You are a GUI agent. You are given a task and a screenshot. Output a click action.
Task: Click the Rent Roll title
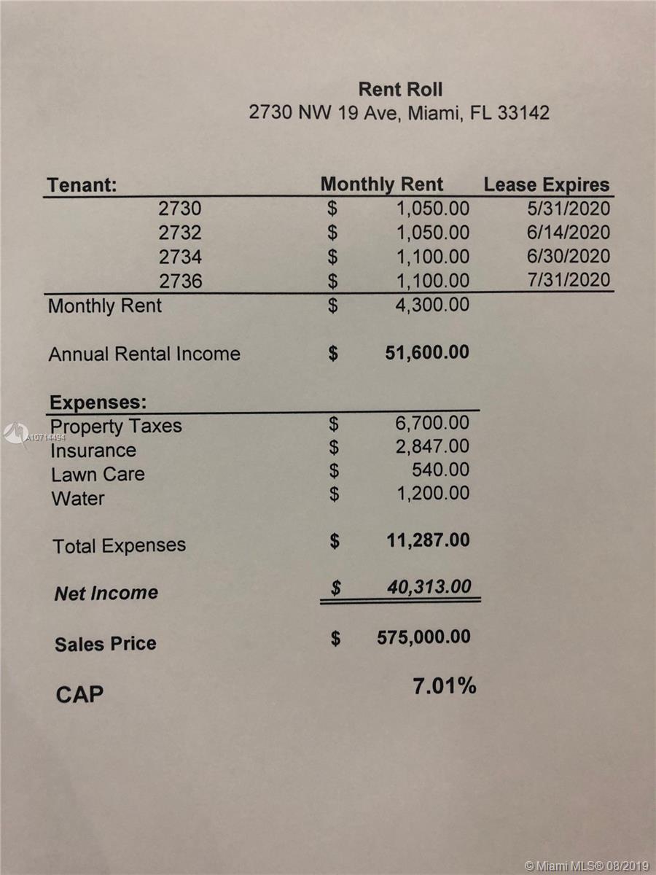[400, 89]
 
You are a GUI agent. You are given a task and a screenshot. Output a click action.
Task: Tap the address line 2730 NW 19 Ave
[399, 113]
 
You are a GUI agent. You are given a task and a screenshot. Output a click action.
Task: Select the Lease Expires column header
[546, 185]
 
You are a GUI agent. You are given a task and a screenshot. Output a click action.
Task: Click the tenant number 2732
[180, 233]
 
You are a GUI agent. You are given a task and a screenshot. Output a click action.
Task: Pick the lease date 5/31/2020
[569, 209]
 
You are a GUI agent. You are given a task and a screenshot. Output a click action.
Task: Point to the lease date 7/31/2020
[569, 281]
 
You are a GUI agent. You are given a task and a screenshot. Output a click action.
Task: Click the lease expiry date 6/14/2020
[569, 233]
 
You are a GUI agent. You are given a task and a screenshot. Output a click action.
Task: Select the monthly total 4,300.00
[433, 305]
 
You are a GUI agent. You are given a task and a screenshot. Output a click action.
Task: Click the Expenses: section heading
[98, 402]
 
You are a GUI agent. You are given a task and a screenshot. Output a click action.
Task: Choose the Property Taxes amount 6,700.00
[433, 423]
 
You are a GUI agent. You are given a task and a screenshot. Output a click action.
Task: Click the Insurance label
[93, 451]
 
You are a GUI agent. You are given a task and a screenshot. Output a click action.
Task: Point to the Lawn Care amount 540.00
[440, 470]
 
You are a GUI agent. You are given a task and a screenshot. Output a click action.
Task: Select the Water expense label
[78, 499]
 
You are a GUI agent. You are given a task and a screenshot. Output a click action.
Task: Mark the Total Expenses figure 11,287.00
[427, 541]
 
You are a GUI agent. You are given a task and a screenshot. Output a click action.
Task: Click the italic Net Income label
[106, 593]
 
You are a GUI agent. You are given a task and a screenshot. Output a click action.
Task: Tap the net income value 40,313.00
[429, 587]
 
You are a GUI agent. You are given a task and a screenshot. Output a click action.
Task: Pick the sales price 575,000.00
[423, 637]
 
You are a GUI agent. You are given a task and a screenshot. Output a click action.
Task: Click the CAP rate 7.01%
[445, 686]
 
